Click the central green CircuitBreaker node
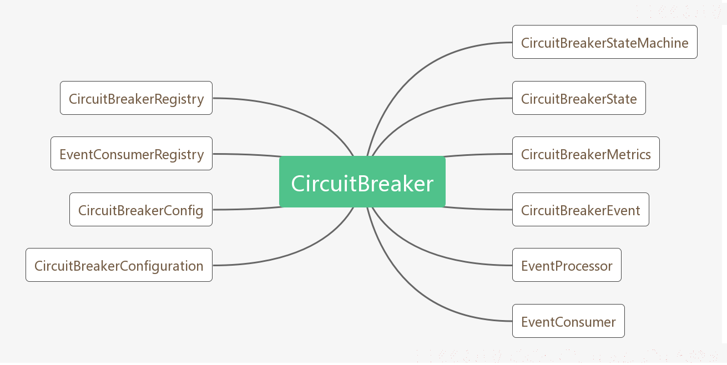(x=362, y=182)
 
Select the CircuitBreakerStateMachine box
(x=605, y=42)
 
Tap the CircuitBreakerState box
(x=579, y=98)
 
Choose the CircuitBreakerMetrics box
(x=586, y=154)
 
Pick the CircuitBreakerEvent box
(x=580, y=210)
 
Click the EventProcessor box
(x=567, y=265)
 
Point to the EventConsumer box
(x=568, y=321)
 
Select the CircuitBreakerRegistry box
(x=137, y=98)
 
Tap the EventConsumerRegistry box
(x=132, y=154)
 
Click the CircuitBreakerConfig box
(x=141, y=210)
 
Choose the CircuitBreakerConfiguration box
(x=119, y=265)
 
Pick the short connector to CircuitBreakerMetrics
(x=478, y=154)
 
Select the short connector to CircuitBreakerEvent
(x=478, y=209)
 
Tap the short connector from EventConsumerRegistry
(x=246, y=154)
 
